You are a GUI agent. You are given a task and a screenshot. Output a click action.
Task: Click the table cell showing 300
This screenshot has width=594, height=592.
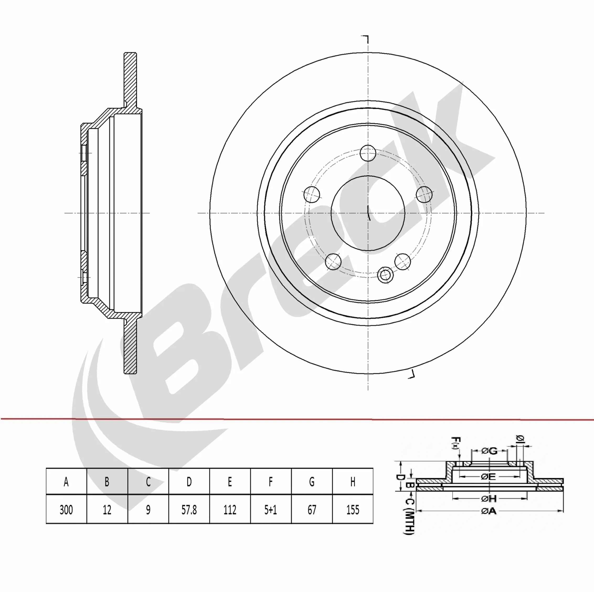(66, 510)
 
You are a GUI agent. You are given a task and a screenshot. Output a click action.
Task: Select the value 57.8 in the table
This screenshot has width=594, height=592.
(189, 510)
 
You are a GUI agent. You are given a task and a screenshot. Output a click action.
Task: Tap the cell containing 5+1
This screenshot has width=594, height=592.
(271, 510)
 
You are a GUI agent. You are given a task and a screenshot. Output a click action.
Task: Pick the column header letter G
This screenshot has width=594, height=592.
(311, 482)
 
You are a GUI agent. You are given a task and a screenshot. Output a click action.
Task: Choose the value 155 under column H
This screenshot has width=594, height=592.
(353, 510)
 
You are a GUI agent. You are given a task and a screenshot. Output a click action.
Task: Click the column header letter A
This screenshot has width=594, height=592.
(66, 482)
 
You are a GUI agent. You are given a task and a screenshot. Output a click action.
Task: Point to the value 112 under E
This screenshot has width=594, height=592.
(230, 510)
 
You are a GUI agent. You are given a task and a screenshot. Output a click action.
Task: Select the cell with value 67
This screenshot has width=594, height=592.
(311, 510)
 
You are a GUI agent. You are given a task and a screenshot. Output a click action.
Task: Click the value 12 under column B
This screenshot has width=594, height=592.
(107, 510)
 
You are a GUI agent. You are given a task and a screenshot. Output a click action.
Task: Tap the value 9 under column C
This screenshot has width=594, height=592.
(148, 510)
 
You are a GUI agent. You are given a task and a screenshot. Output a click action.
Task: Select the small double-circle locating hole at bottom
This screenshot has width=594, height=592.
(385, 274)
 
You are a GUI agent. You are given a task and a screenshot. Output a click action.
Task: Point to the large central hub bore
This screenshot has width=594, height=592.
(368, 213)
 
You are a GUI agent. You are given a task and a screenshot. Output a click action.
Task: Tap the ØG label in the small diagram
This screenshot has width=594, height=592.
(489, 451)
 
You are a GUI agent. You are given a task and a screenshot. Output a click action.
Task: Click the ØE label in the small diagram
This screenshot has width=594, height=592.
(488, 476)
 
